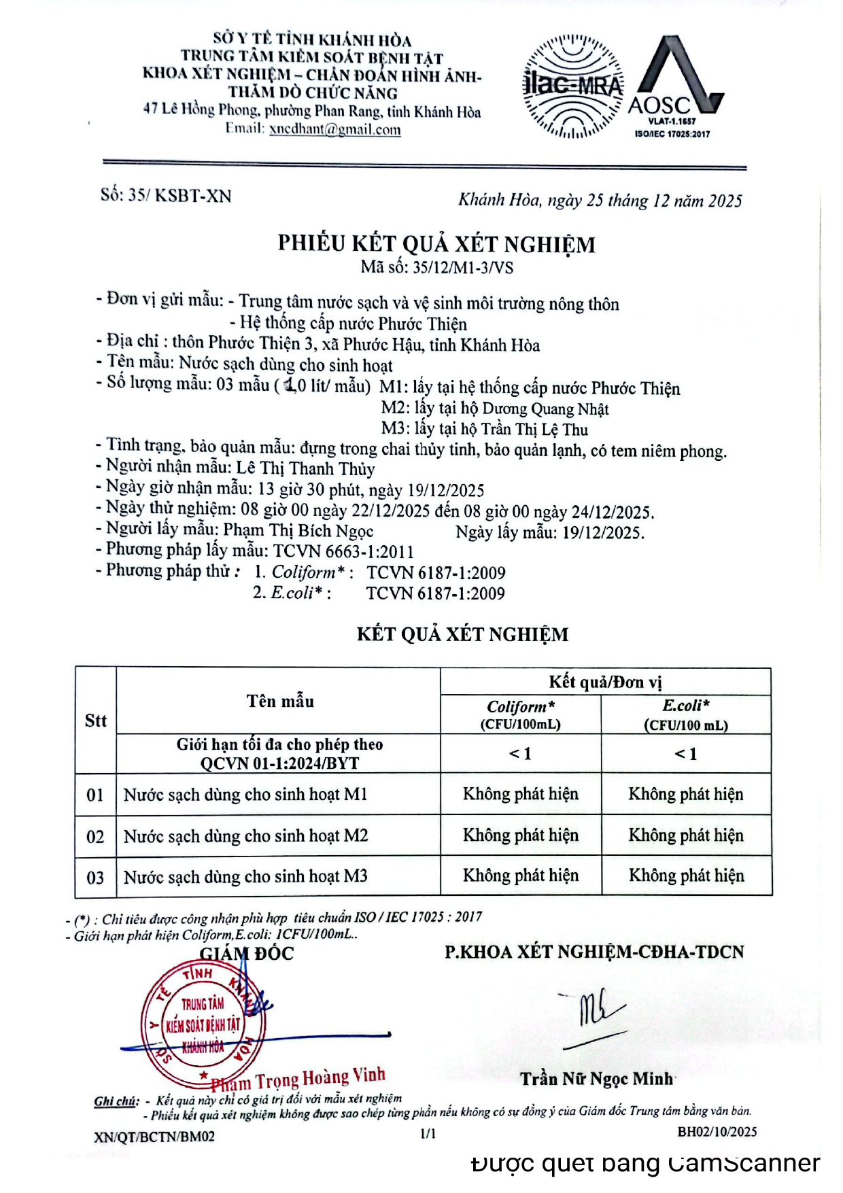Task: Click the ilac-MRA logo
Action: coord(573,86)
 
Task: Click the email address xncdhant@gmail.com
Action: coord(334,129)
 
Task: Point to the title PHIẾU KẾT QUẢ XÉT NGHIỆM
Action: coord(436,243)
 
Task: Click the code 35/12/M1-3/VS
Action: coord(463,267)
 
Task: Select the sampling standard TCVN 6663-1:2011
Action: coord(343,551)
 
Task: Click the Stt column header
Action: coord(96,721)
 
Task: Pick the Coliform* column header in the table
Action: coord(521,714)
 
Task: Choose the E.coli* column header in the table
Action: coord(686,714)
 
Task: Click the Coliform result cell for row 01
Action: coord(521,794)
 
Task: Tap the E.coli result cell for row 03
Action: coord(686,876)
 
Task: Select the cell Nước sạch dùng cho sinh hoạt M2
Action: coord(245,835)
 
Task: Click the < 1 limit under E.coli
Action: coord(686,754)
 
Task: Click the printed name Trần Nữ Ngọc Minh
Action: coord(596,1079)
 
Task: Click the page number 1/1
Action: coord(428,1133)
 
